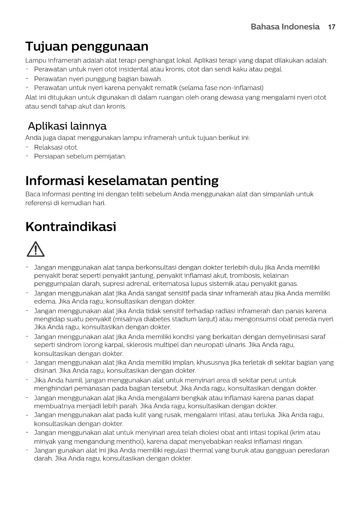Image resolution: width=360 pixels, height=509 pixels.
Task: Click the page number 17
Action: pyautogui.click(x=332, y=27)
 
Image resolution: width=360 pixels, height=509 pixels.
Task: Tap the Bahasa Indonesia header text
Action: pyautogui.click(x=285, y=27)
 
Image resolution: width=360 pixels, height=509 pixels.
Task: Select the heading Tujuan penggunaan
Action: pyautogui.click(x=87, y=46)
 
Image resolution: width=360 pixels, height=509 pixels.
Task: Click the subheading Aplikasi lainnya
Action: pyautogui.click(x=67, y=126)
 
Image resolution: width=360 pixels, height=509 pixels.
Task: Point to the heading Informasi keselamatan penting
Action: pyautogui.click(x=122, y=181)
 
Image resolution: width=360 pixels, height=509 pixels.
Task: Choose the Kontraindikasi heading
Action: pyautogui.click(x=71, y=226)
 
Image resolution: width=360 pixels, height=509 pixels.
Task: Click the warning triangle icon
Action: pyautogui.click(x=35, y=249)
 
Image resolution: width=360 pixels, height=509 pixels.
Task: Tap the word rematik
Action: pyautogui.click(x=167, y=88)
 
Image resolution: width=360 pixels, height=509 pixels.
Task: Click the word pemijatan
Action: pyautogui.click(x=112, y=156)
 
